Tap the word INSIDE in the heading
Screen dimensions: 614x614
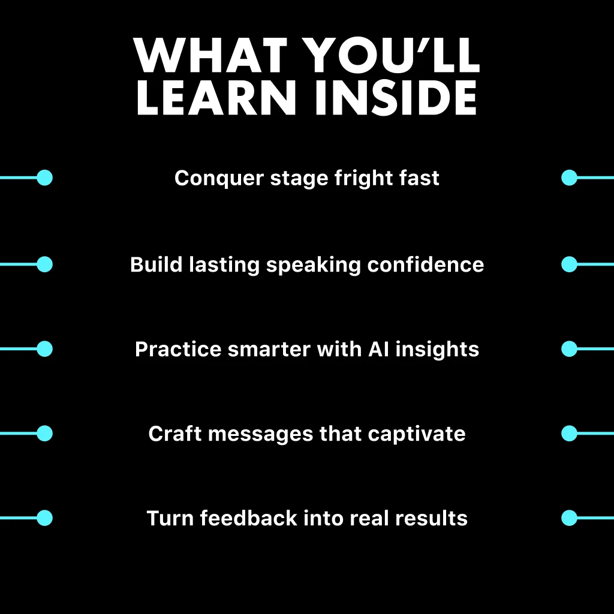396,98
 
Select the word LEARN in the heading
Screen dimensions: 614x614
216,98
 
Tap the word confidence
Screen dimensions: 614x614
426,264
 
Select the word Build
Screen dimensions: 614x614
156,264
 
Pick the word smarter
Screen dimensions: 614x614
269,350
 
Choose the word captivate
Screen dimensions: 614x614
417,434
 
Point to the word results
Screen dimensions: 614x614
431,518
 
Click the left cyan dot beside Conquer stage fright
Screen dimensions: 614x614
44,177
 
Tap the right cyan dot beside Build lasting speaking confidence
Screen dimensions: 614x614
570,264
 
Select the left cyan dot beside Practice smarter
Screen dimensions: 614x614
44,349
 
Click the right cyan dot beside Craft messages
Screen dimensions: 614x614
570,434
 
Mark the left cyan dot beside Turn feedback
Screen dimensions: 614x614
44,518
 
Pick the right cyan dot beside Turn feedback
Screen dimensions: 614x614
570,518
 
